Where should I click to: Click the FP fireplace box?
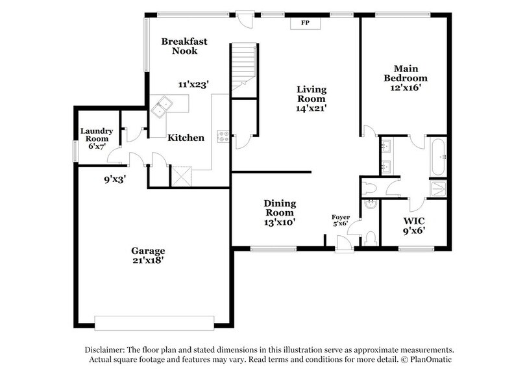[x=305, y=23]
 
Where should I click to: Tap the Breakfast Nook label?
[x=184, y=46]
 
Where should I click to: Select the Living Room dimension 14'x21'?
[x=311, y=108]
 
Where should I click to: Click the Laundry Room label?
[x=97, y=134]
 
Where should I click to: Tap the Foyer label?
[x=341, y=217]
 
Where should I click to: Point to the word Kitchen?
[x=186, y=138]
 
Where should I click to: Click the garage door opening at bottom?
[x=154, y=323]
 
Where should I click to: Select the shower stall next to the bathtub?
[x=438, y=188]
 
